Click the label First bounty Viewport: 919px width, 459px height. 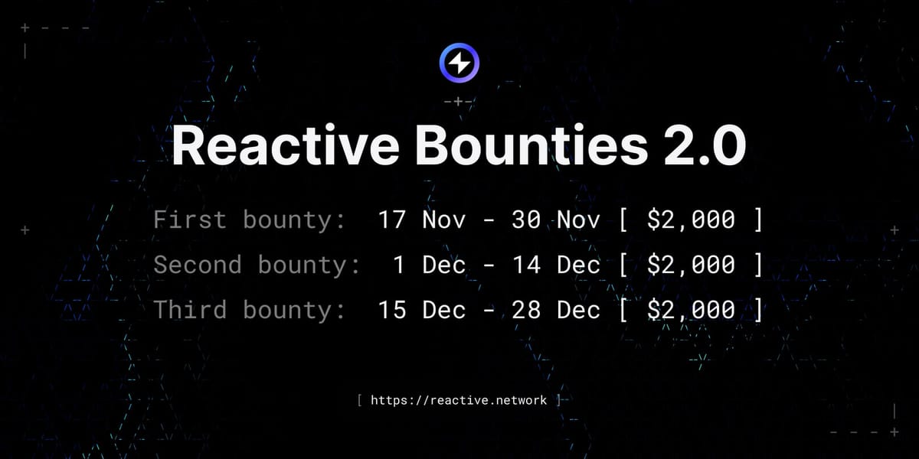point(250,220)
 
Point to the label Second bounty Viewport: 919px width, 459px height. point(257,265)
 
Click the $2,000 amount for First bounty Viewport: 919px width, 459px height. point(691,220)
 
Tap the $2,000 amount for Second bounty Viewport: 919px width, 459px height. point(691,265)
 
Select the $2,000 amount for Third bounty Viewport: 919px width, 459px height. point(691,311)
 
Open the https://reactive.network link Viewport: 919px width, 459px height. point(459,400)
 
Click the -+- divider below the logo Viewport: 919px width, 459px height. point(459,102)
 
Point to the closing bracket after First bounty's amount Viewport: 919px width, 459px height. point(758,220)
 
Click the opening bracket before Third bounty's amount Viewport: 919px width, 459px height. point(623,311)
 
